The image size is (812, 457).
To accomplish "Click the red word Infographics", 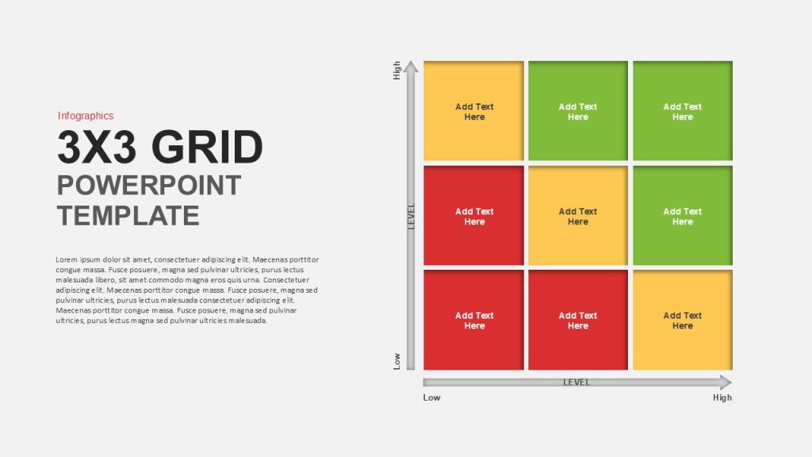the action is [x=86, y=116].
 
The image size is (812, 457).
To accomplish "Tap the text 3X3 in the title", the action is [x=97, y=147].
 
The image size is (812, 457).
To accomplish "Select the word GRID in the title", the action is [x=207, y=147].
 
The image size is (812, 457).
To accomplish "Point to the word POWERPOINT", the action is [x=149, y=185].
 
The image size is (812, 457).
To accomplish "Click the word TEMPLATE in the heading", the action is [x=128, y=216].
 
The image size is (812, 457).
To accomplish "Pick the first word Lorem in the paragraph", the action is [x=67, y=259].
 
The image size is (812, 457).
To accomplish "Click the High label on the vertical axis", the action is [x=397, y=71].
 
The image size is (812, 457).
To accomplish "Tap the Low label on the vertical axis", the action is [x=397, y=361].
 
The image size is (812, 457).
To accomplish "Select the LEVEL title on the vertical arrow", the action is [x=412, y=216].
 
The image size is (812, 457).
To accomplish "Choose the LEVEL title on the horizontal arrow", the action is [x=576, y=382].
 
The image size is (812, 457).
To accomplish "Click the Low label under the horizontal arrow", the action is [x=431, y=397].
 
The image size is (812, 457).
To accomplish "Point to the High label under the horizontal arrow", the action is [x=722, y=397].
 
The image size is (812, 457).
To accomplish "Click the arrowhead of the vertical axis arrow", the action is [x=411, y=67].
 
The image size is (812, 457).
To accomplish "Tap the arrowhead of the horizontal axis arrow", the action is [x=726, y=382].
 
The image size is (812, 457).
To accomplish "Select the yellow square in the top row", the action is [x=474, y=111].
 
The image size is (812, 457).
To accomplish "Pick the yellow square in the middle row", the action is [x=578, y=216].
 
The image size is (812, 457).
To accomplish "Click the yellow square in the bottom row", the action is [x=683, y=320].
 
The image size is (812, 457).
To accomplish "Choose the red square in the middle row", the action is [x=474, y=216].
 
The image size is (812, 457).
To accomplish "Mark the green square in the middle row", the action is [x=683, y=216].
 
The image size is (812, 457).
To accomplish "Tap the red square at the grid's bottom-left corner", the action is [x=474, y=320].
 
